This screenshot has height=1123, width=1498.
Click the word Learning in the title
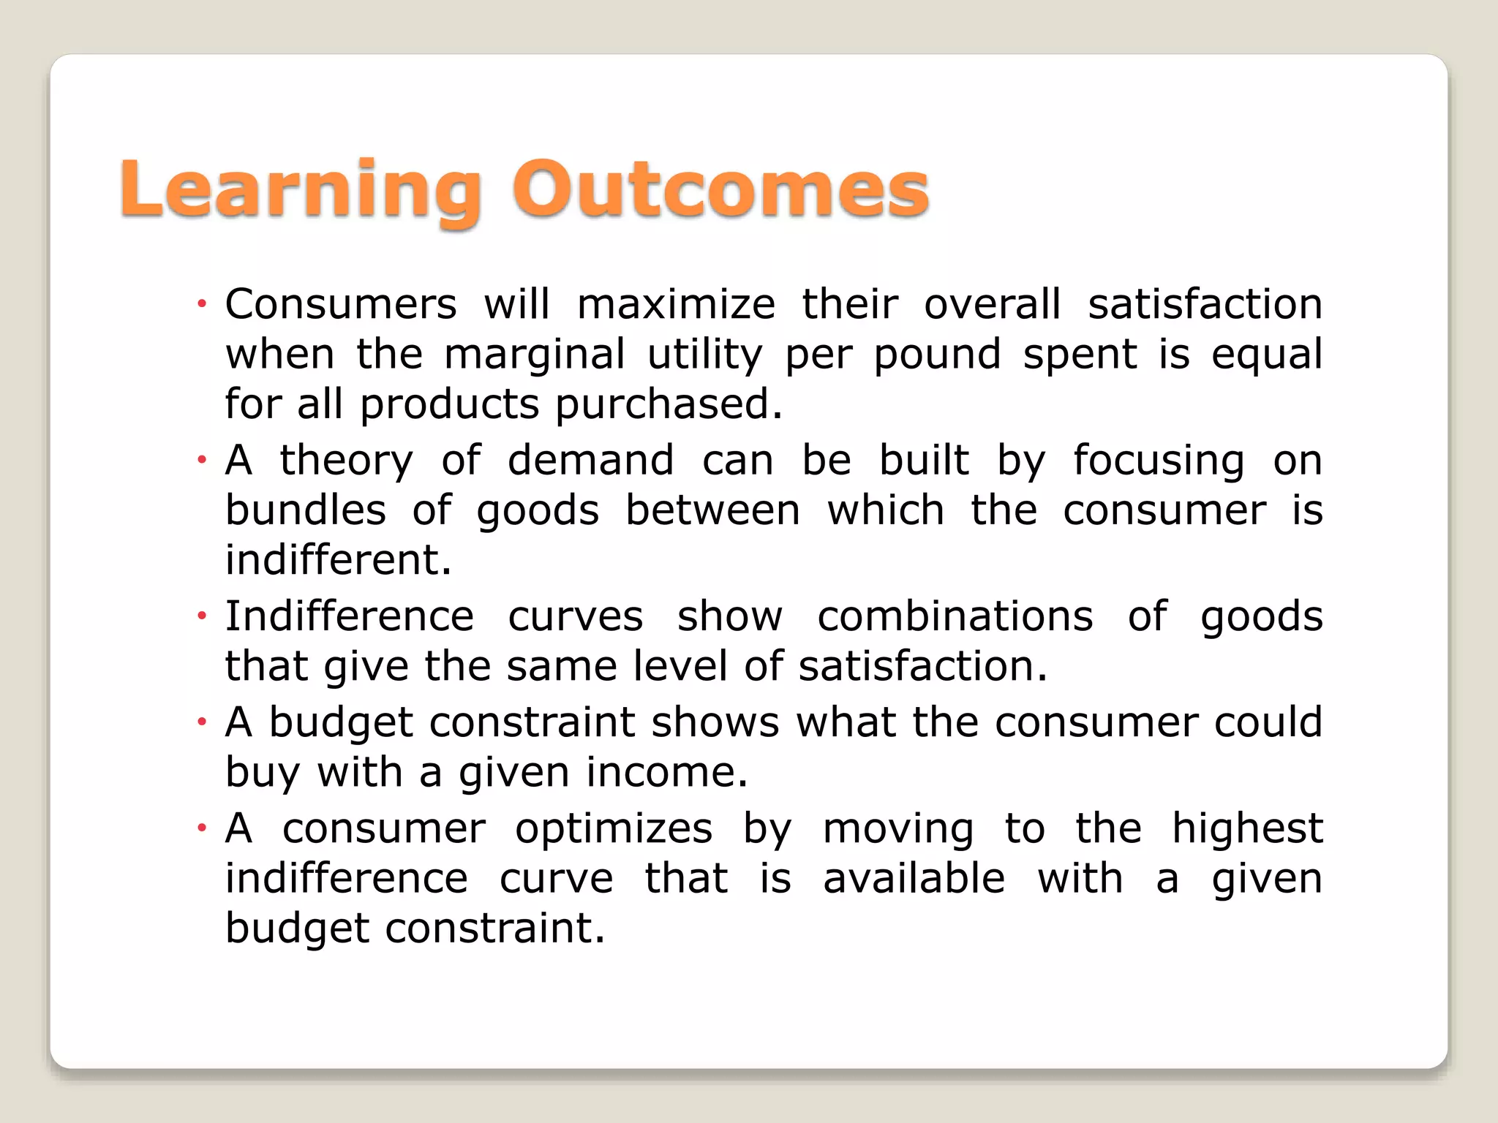coord(300,190)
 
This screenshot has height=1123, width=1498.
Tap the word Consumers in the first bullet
coord(341,304)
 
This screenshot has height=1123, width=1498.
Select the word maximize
coord(676,304)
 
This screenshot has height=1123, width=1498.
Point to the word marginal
coord(534,355)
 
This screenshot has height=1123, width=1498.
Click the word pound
coord(937,355)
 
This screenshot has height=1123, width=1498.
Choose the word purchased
coord(669,404)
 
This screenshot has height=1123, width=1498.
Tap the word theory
coord(347,462)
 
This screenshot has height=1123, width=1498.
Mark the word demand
coord(591,461)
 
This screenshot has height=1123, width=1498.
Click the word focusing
coord(1159,462)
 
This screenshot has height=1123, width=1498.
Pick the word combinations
coord(955,616)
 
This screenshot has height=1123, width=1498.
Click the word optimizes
coord(614,830)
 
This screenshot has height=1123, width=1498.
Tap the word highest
coord(1247,830)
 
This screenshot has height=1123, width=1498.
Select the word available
coord(914,878)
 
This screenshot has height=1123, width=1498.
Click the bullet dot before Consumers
coord(202,303)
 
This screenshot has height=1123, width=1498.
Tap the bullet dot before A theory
coord(202,460)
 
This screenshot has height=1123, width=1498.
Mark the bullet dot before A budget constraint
coord(202,722)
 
